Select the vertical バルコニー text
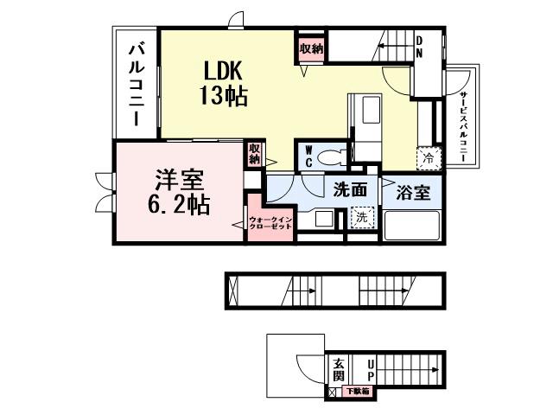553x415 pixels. (137, 84)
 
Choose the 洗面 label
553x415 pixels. (350, 190)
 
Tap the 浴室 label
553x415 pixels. (413, 193)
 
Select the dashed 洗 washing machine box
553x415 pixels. (364, 220)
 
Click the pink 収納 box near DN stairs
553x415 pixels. (311, 49)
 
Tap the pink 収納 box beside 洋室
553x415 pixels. (254, 154)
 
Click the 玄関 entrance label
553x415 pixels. (338, 369)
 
